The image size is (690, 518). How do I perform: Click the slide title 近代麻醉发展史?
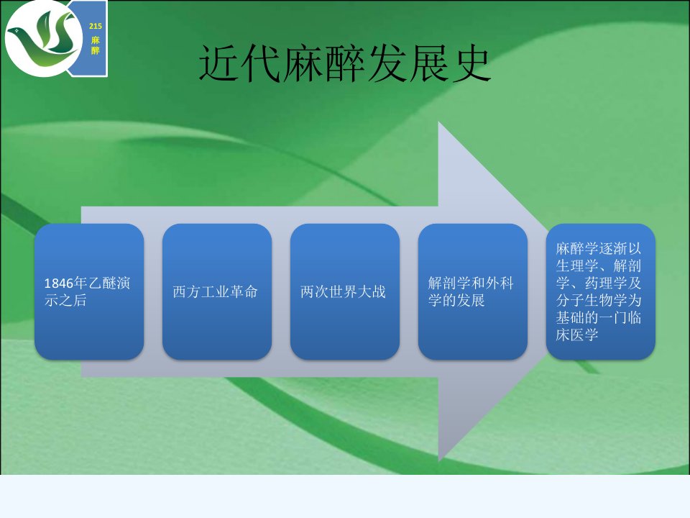(345, 65)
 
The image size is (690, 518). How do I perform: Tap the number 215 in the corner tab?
(96, 26)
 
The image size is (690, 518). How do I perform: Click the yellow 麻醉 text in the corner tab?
(96, 45)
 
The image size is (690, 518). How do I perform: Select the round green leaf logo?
(43, 38)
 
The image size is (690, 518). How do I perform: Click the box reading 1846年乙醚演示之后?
(89, 291)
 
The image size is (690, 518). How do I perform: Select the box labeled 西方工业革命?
(217, 291)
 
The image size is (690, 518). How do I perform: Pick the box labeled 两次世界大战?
(345, 291)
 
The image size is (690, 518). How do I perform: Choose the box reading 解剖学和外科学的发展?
(473, 291)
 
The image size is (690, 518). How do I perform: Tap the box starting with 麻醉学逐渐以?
(601, 291)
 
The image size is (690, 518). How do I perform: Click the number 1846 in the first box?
(59, 283)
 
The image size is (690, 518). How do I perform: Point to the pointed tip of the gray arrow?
(548, 291)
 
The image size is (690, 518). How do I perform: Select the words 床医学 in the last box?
(577, 335)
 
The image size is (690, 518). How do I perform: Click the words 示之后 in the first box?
(65, 301)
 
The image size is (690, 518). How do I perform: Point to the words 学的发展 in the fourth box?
(457, 301)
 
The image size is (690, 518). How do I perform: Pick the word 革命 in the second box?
(244, 291)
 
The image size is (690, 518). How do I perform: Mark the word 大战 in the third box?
(372, 291)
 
